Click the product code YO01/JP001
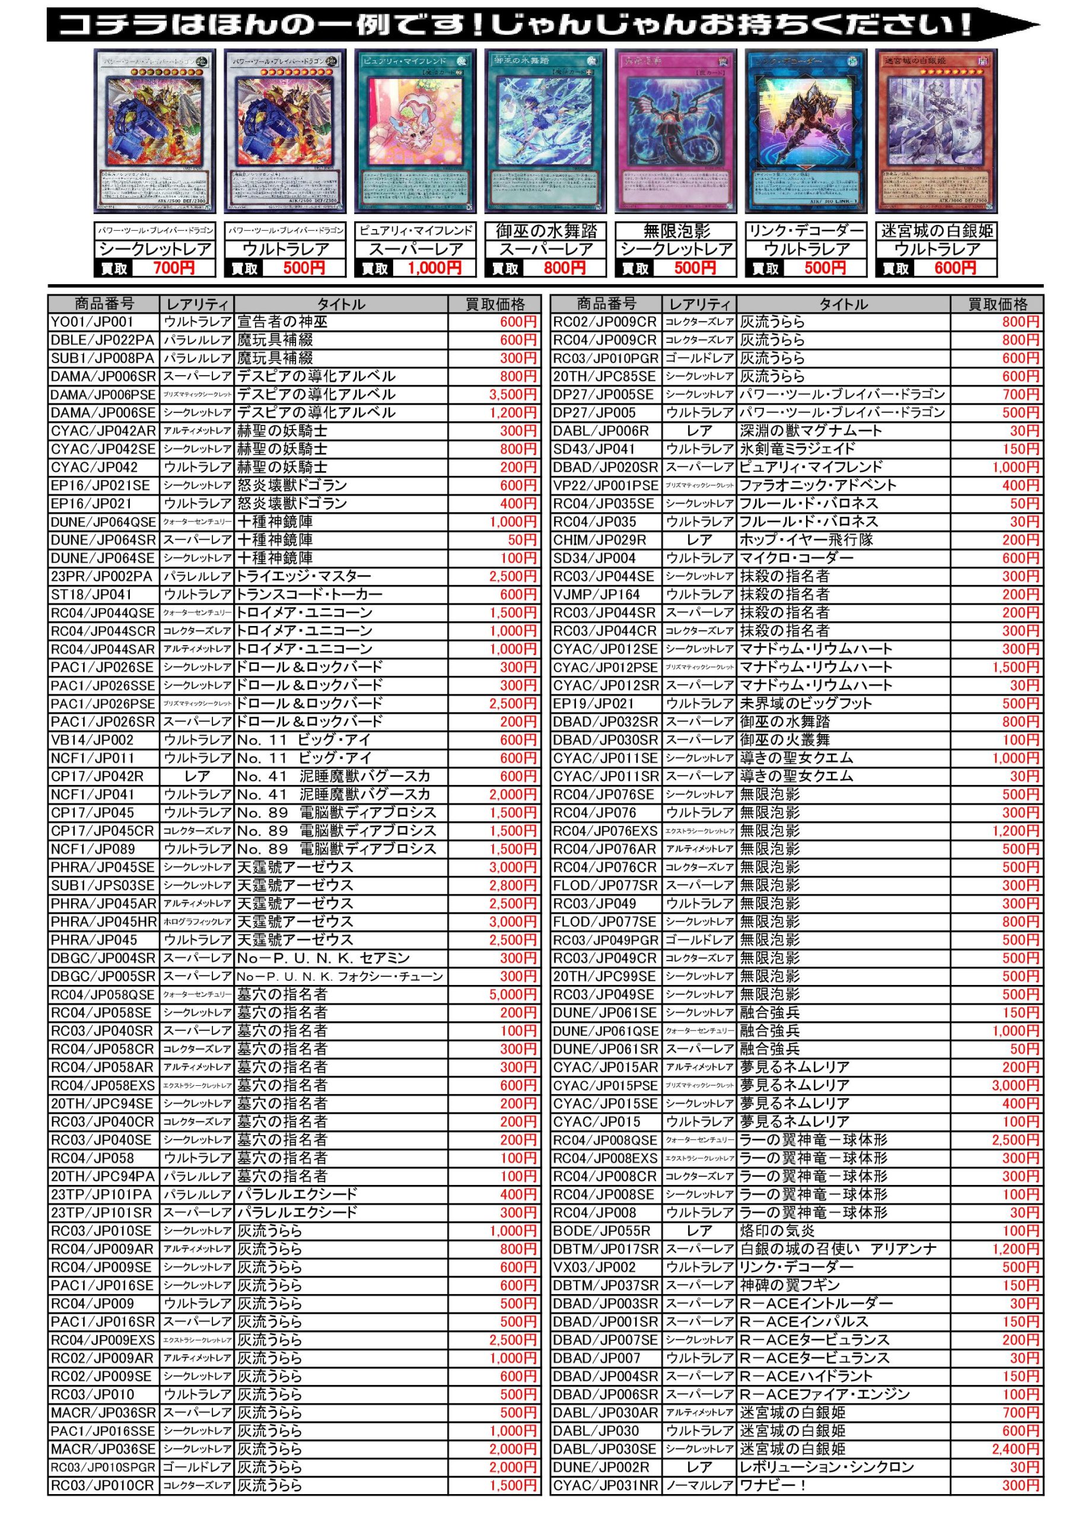[93, 322]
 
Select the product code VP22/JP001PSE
[605, 485]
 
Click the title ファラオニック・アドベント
[817, 485]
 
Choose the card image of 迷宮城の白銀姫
[936, 131]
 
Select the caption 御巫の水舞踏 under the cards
[546, 231]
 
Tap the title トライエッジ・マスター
[304, 576]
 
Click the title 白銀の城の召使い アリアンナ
[838, 1249]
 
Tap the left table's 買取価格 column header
[495, 304]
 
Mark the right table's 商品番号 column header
[607, 304]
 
